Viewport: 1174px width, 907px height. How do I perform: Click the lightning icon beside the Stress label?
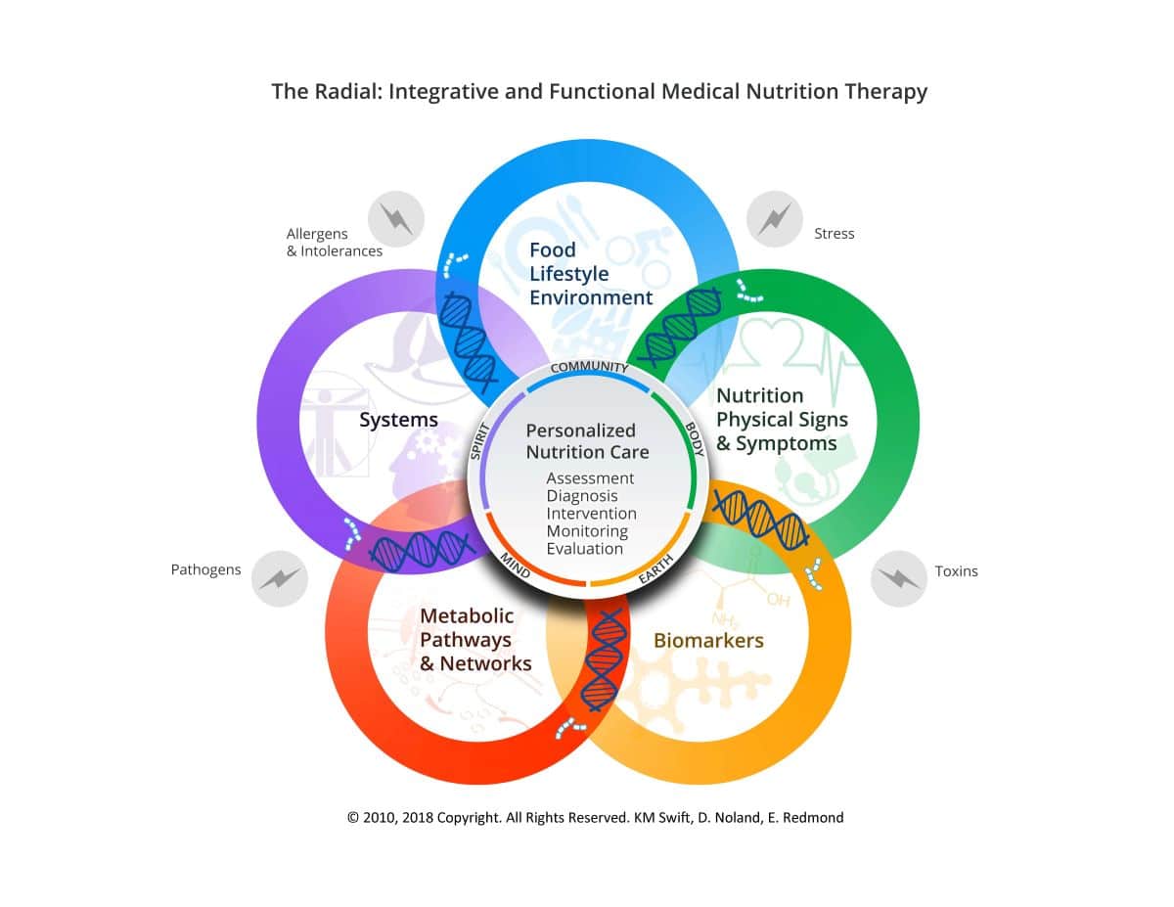[x=774, y=219]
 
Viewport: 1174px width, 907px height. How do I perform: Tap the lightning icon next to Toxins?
[x=898, y=578]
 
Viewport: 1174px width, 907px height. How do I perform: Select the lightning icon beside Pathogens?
[x=280, y=578]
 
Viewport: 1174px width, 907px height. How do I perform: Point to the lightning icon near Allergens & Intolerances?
[x=396, y=219]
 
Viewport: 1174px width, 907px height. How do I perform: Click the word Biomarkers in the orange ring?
[x=708, y=640]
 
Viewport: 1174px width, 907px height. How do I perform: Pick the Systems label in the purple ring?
[x=399, y=420]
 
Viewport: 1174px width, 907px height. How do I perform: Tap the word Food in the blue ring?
[x=552, y=249]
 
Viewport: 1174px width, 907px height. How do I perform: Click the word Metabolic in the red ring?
[x=467, y=615]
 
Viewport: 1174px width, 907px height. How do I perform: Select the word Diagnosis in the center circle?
[x=582, y=496]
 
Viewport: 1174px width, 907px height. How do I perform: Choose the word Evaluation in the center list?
[x=585, y=549]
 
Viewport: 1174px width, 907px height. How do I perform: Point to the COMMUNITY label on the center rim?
[x=589, y=367]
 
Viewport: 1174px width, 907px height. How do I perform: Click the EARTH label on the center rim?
[x=655, y=569]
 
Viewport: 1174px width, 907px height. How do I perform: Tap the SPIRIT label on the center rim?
[x=479, y=442]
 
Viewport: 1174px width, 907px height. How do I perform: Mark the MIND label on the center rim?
[x=515, y=566]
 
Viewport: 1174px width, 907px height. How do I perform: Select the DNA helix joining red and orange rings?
[x=606, y=659]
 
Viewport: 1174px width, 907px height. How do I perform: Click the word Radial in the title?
[x=347, y=91]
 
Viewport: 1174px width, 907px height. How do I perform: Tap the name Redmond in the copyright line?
[x=813, y=817]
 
